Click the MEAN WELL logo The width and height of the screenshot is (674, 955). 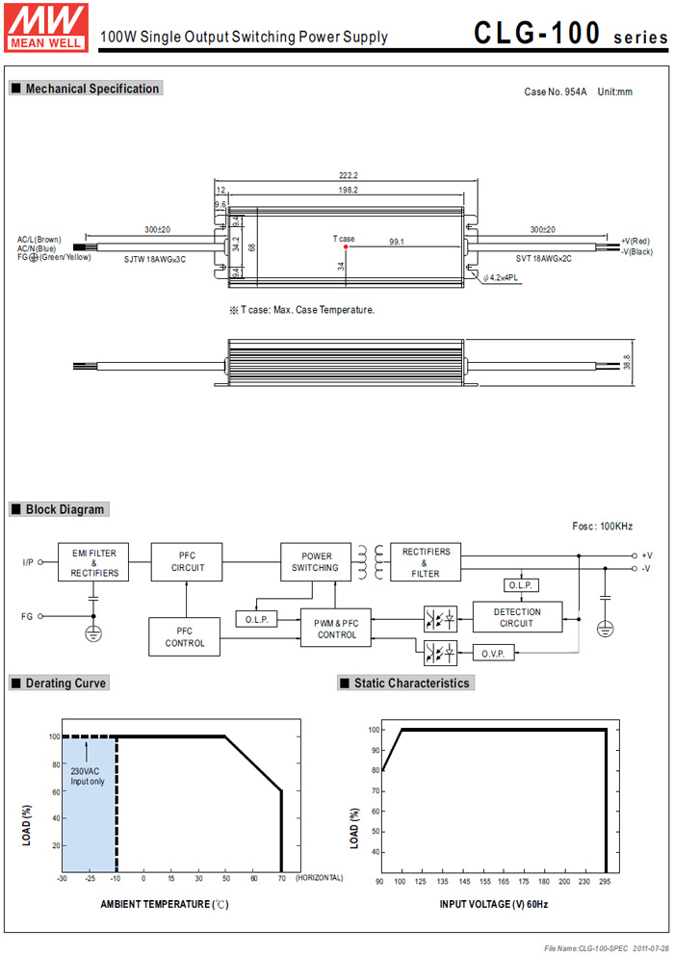[46, 27]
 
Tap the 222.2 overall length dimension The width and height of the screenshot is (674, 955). [348, 175]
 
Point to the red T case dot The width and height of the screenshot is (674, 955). [346, 246]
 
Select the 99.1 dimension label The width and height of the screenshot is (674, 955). [396, 242]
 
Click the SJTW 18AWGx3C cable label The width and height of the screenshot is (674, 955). [155, 260]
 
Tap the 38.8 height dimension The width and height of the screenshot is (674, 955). [627, 362]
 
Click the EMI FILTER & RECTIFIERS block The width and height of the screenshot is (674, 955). [93, 562]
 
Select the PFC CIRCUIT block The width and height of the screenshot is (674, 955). [187, 562]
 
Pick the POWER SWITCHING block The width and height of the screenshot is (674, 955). [316, 562]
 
